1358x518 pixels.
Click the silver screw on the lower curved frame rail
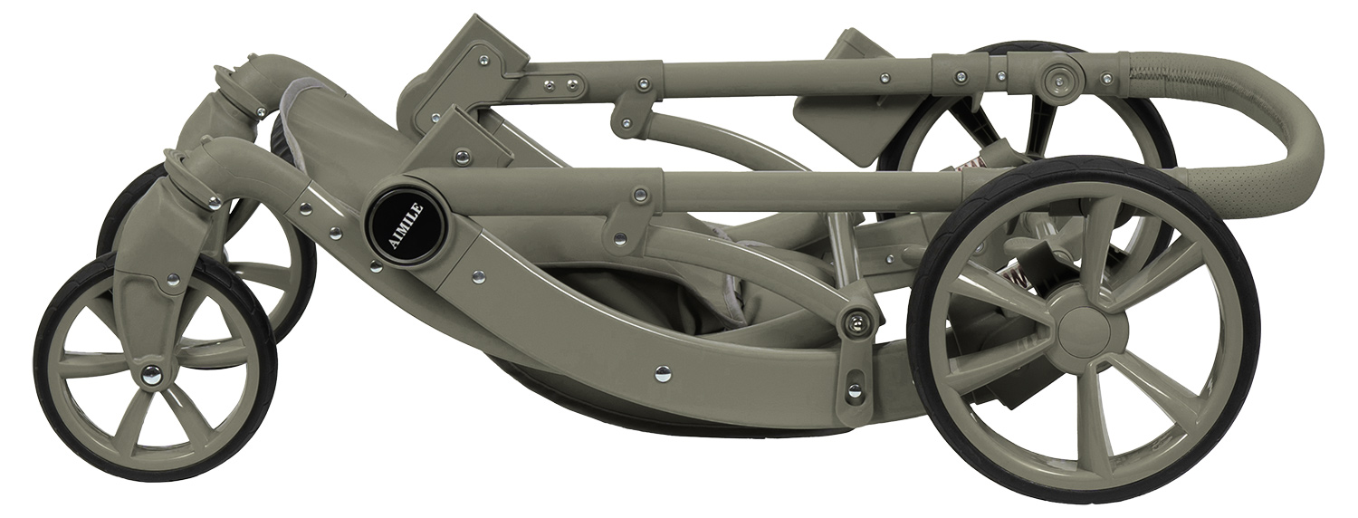[664, 370]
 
